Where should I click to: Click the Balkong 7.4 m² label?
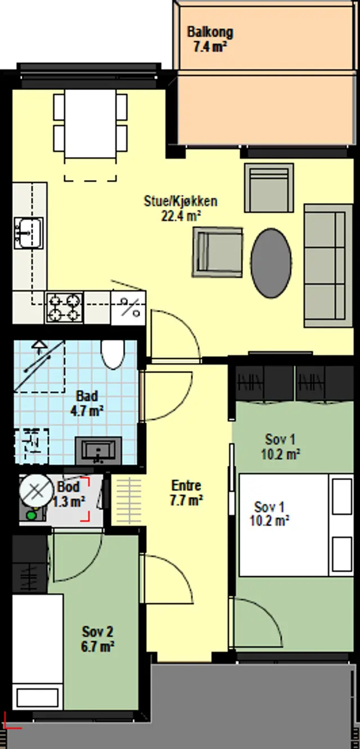210,39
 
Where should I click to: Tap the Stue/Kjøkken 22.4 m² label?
181,209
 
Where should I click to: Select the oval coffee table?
271,263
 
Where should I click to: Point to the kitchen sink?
29,233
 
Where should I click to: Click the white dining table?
90,124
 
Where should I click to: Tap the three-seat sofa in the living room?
328,266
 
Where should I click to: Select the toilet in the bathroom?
112,354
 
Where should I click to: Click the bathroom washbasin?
98,451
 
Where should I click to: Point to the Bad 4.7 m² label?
87,403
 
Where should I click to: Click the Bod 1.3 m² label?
69,495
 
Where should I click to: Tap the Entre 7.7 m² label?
186,493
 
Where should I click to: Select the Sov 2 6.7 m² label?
98,639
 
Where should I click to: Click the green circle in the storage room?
31,515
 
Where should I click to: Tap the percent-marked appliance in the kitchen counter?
128,308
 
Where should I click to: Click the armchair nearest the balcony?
269,187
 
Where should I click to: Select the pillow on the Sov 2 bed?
37,697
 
